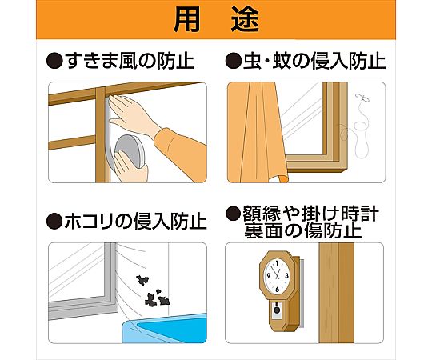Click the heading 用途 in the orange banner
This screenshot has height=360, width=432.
[x=216, y=19]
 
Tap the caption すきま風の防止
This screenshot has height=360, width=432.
[x=130, y=61]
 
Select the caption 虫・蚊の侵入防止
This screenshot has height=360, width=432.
[x=314, y=61]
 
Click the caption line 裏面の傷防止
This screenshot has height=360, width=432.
[x=302, y=230]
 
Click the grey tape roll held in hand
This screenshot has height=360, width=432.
[x=130, y=151]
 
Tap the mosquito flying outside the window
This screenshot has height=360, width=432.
[x=362, y=98]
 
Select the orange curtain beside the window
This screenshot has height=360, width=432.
[x=257, y=133]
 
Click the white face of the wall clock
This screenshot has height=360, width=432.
[x=277, y=275]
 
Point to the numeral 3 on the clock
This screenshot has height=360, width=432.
[x=287, y=276]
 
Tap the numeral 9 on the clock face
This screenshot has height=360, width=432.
[x=268, y=277]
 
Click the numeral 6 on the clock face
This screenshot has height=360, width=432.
[x=277, y=290]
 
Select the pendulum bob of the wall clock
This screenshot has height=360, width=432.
[x=277, y=310]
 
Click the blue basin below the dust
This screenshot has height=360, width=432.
[x=165, y=329]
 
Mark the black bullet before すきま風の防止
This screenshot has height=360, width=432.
[x=54, y=61]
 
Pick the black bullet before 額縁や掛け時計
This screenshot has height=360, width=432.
[x=233, y=214]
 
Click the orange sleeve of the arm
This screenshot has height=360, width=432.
[x=181, y=154]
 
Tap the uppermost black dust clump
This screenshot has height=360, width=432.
[x=142, y=280]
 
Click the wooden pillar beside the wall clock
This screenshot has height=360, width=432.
[x=336, y=293]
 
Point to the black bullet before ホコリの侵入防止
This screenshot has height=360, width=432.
[x=54, y=221]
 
